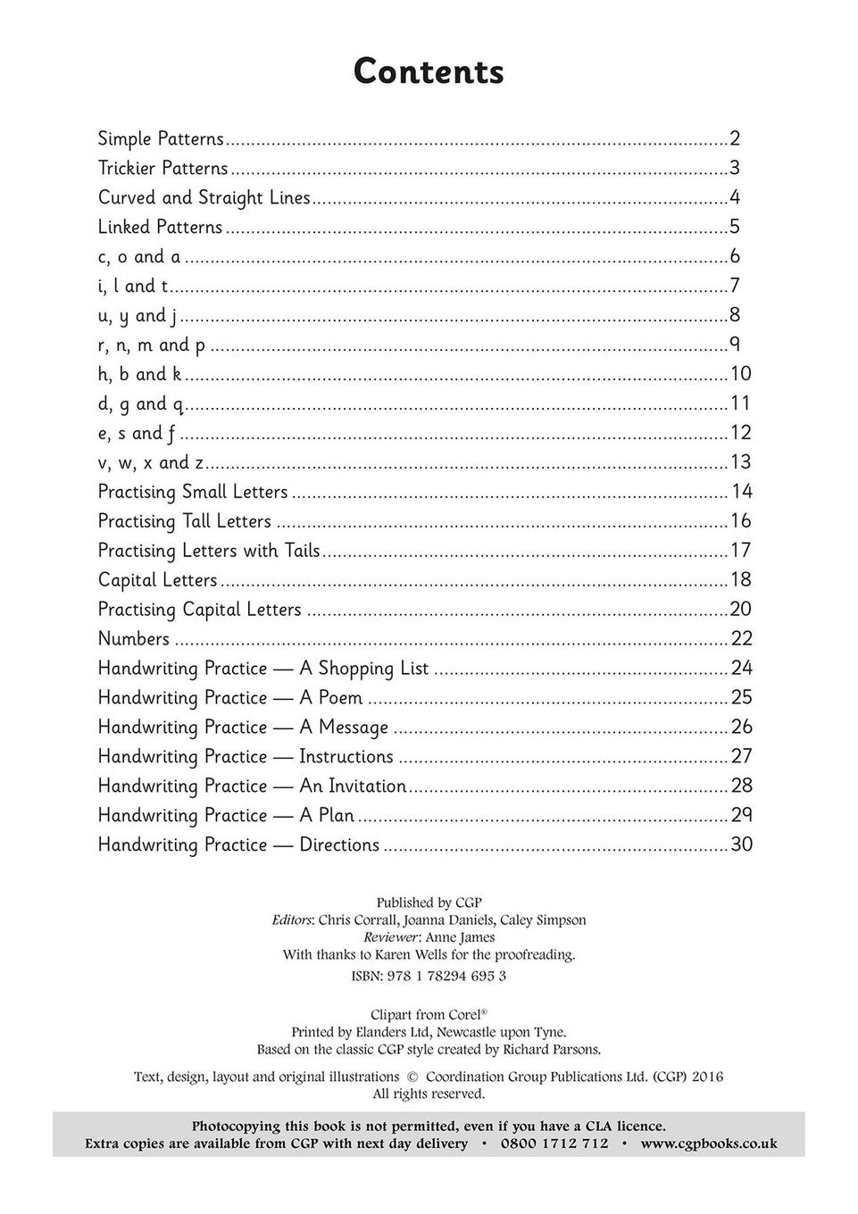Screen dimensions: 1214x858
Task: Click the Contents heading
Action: tap(429, 71)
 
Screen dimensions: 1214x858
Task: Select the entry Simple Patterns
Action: tap(161, 139)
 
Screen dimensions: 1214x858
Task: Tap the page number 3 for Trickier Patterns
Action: tap(735, 169)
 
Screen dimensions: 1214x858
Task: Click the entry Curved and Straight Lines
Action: tap(204, 198)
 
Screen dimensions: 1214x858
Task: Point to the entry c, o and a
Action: tap(139, 257)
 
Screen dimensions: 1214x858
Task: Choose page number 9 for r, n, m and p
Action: tap(735, 345)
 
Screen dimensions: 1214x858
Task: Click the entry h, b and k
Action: tap(140, 374)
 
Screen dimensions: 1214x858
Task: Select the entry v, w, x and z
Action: tap(151, 462)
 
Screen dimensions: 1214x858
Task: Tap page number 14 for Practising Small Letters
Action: tap(742, 492)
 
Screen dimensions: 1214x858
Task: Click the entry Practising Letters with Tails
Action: tap(209, 551)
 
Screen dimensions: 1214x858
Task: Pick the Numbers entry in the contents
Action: tap(134, 639)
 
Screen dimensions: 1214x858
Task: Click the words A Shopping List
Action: tap(364, 669)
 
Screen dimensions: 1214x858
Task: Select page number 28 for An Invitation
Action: tap(742, 786)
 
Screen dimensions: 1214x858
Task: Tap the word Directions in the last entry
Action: tap(339, 845)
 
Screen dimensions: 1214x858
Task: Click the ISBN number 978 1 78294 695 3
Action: tap(446, 976)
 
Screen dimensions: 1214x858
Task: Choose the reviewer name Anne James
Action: tap(472, 937)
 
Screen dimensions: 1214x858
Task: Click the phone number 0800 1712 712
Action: tap(554, 1143)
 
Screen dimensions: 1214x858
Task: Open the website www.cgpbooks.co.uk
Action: tap(709, 1143)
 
